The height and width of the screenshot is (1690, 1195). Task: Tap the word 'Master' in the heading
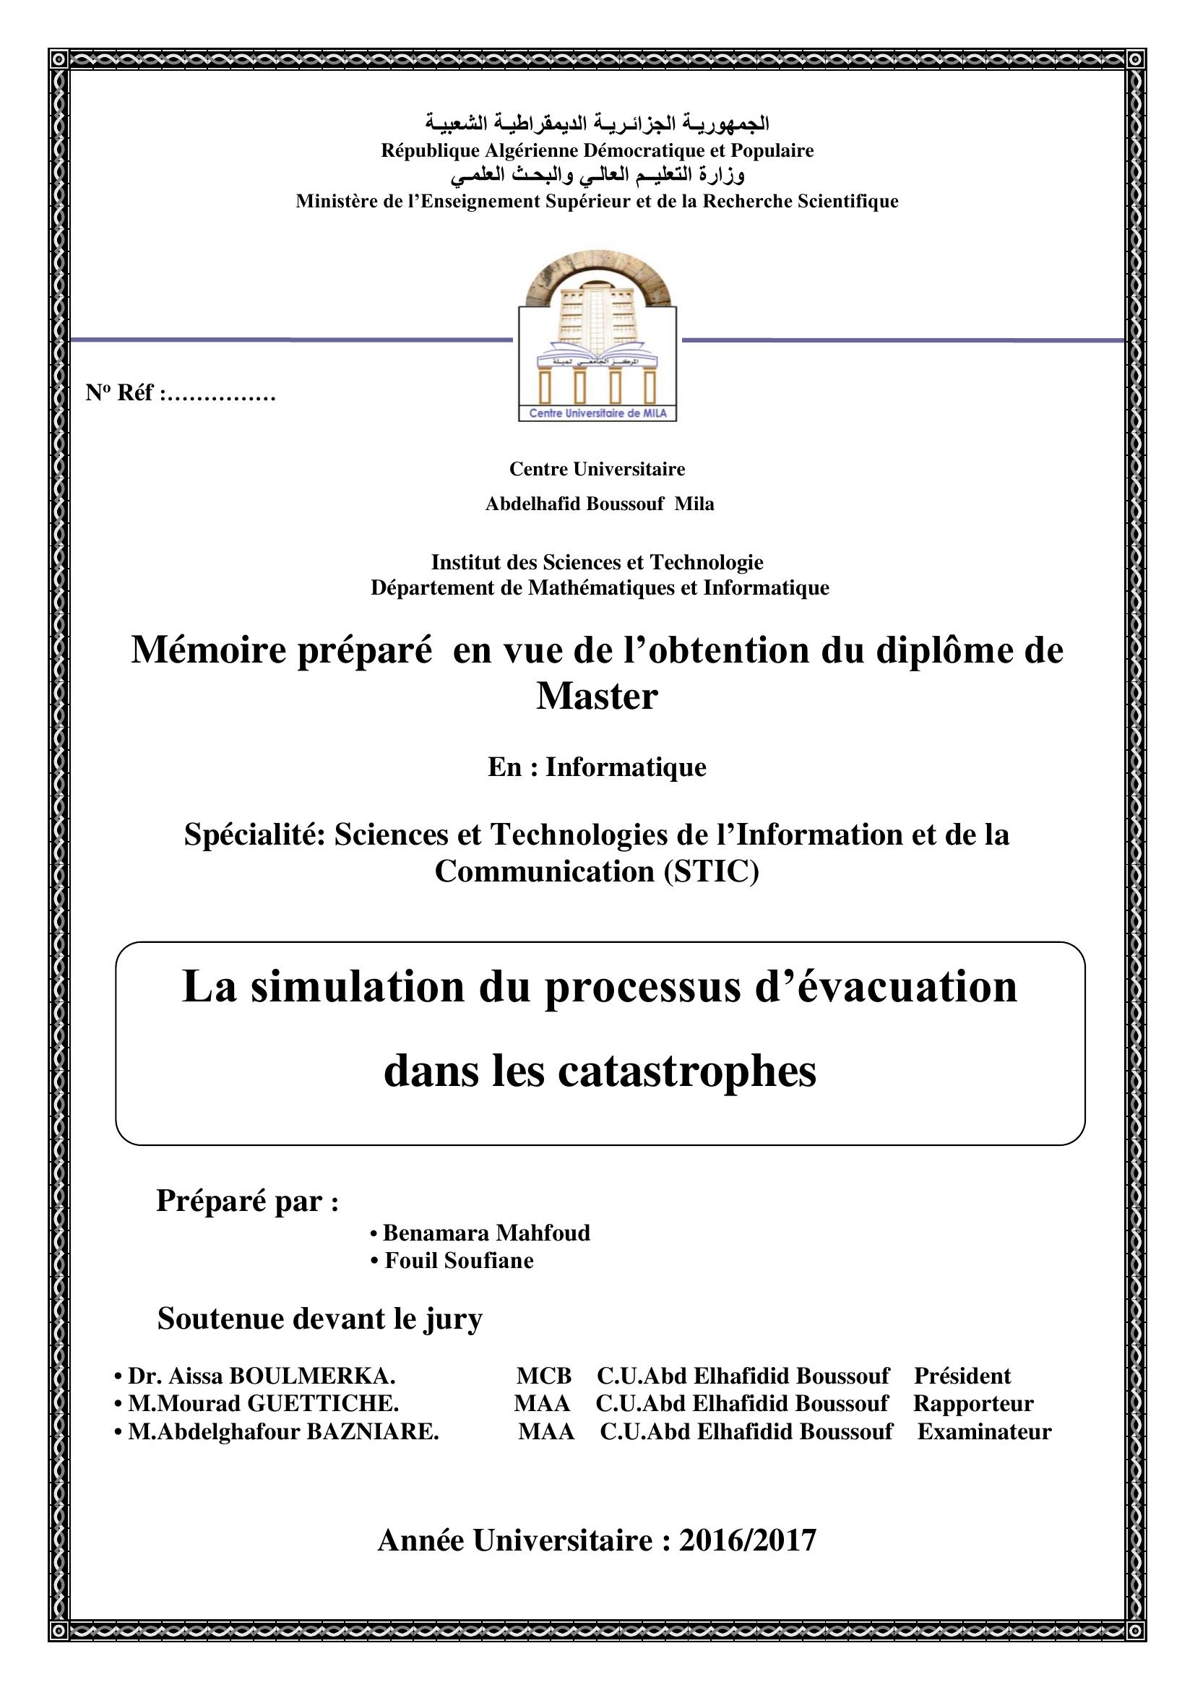tap(597, 696)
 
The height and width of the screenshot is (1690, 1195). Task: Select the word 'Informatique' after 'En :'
tap(626, 767)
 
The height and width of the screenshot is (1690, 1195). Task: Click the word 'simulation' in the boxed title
tap(358, 986)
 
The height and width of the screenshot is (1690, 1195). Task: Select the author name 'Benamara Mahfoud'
tap(486, 1233)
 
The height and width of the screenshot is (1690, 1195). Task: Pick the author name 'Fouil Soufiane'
tap(460, 1261)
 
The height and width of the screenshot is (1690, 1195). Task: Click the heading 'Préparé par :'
tap(247, 1201)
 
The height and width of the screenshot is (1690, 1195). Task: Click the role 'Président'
tap(962, 1376)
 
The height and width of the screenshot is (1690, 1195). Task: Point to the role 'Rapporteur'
tap(972, 1404)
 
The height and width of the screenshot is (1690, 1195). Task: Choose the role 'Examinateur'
tap(984, 1431)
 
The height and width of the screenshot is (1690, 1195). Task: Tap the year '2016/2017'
tap(747, 1540)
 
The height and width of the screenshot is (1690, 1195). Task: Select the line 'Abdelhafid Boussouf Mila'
tap(599, 504)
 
